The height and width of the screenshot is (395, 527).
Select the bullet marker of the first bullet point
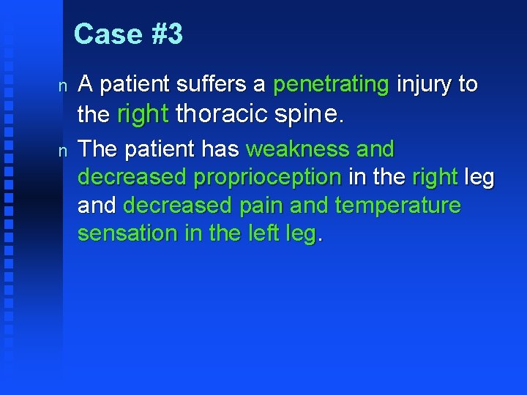[x=63, y=86]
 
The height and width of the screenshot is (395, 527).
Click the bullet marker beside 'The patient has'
[x=63, y=151]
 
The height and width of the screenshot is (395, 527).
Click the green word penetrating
[x=331, y=85]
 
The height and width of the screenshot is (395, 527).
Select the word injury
[x=424, y=85]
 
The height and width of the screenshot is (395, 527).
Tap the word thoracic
[x=222, y=114]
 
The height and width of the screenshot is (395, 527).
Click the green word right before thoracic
[x=143, y=114]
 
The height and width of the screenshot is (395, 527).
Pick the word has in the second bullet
[x=221, y=149]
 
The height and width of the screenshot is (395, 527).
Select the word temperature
[x=397, y=206]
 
